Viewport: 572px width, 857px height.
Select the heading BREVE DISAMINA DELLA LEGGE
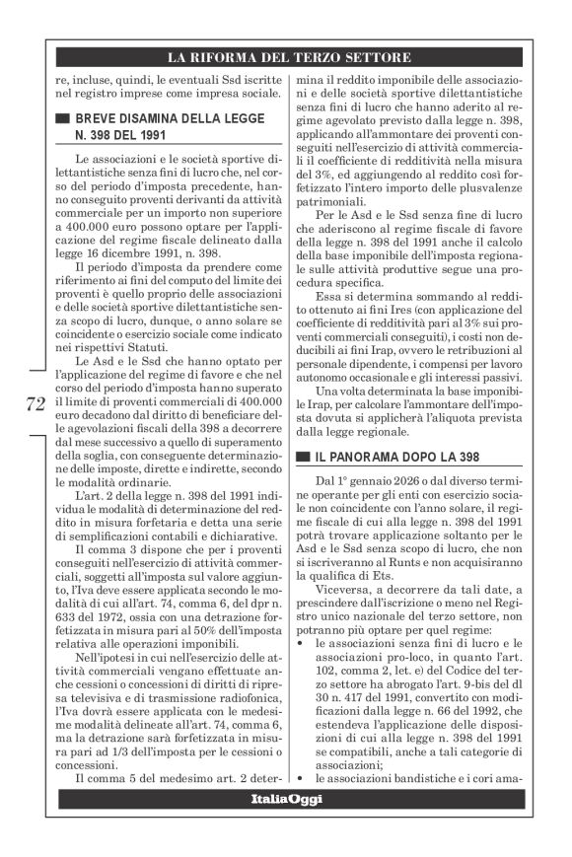(x=158, y=119)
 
